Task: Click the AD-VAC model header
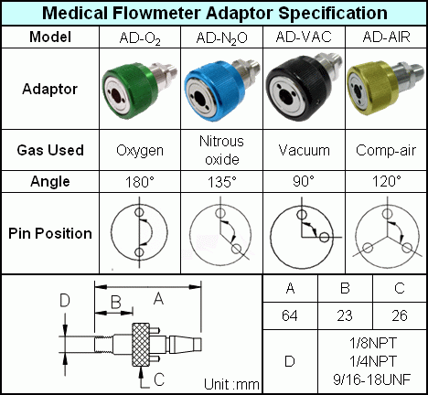pyautogui.click(x=304, y=37)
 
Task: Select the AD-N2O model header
pyautogui.click(x=221, y=38)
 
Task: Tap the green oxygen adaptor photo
pyautogui.click(x=139, y=89)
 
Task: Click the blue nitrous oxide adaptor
pyautogui.click(x=222, y=90)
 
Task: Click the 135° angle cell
pyautogui.click(x=222, y=182)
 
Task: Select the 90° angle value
pyautogui.click(x=304, y=181)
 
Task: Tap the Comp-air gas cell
pyautogui.click(x=386, y=150)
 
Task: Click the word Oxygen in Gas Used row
pyautogui.click(x=140, y=151)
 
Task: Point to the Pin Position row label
pyautogui.click(x=50, y=233)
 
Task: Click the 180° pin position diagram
pyautogui.click(x=139, y=232)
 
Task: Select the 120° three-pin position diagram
pyautogui.click(x=387, y=233)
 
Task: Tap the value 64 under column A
pyautogui.click(x=290, y=315)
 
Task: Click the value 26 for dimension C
pyautogui.click(x=400, y=315)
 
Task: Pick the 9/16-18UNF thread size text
pyautogui.click(x=372, y=379)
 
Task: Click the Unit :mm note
pyautogui.click(x=231, y=384)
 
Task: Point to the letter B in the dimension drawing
pyautogui.click(x=116, y=303)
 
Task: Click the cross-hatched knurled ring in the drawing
pyautogui.click(x=141, y=345)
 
